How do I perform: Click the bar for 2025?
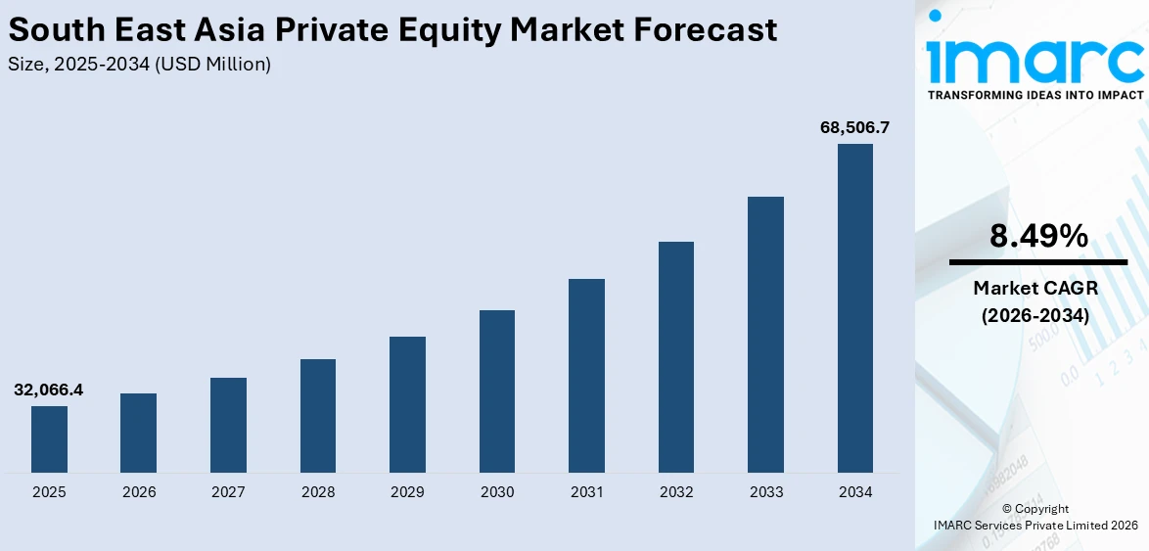tap(49, 438)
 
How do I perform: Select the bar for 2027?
tap(228, 425)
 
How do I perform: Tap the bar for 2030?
tap(497, 391)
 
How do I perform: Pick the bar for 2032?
tap(676, 357)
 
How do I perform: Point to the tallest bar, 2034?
tap(855, 308)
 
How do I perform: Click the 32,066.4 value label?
tap(49, 390)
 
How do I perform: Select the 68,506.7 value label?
tap(854, 127)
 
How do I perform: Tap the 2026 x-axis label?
tap(139, 492)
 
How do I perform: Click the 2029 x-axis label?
tap(407, 492)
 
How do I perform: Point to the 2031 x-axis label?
tap(586, 492)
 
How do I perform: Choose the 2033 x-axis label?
tap(765, 492)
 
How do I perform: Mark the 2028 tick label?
tap(318, 492)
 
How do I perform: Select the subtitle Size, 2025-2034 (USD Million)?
tap(139, 65)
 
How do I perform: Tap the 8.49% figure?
tap(1037, 236)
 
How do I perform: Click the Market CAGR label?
tap(1036, 288)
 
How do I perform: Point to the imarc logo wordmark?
tap(1035, 61)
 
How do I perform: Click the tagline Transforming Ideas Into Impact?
tap(1035, 95)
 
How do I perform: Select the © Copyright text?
tap(1035, 509)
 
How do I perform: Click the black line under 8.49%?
tap(1037, 262)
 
